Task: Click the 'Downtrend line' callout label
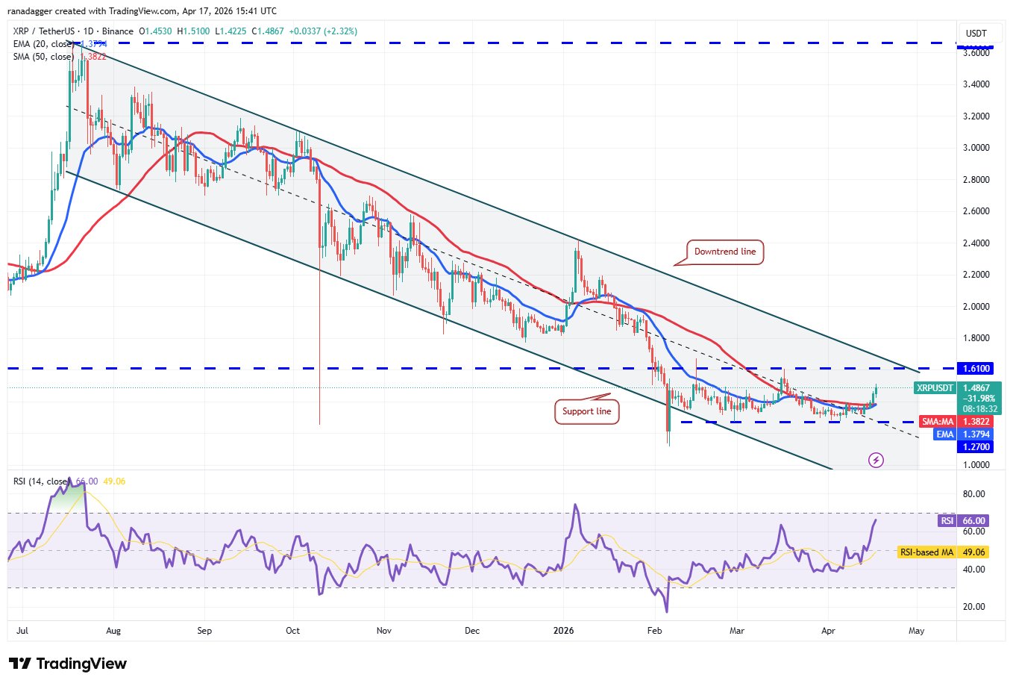[x=724, y=252]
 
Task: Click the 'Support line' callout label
[x=586, y=411]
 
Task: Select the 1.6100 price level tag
[x=976, y=369]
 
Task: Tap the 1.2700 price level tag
[x=976, y=447]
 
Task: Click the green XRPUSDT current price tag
[x=958, y=398]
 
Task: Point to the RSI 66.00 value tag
[x=965, y=520]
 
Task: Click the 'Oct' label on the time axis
[x=293, y=631]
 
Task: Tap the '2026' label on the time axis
[x=564, y=631]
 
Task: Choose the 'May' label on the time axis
[x=916, y=631]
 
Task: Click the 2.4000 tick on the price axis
[x=976, y=243]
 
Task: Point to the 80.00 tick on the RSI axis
[x=973, y=494]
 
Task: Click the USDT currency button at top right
[x=976, y=33]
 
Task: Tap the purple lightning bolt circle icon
[x=876, y=460]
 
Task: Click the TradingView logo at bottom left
[x=67, y=664]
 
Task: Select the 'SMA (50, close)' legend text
[x=43, y=57]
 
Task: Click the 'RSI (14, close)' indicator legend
[x=42, y=481]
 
